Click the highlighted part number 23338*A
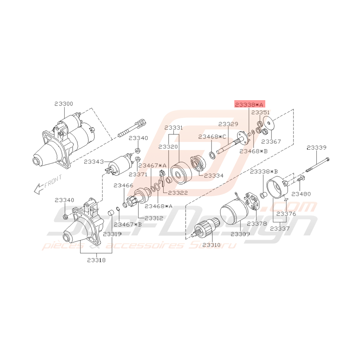coord(249,105)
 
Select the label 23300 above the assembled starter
coord(63,104)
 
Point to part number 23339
coord(317,147)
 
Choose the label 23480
coord(300,193)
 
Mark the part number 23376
coord(286,213)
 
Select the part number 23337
coord(279,228)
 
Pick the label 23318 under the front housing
coord(96,260)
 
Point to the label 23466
coord(123,186)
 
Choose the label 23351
coord(261,113)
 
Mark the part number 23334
coord(213,175)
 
